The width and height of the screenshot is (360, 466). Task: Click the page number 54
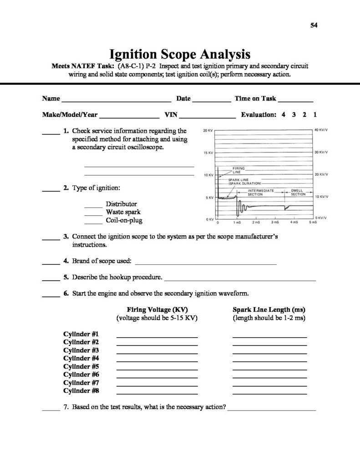(314, 25)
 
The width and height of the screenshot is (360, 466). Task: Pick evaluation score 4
(284, 115)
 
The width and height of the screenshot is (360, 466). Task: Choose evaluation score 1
(315, 115)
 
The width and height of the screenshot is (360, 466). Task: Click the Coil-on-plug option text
(124, 220)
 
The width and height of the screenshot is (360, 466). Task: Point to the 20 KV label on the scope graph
(208, 131)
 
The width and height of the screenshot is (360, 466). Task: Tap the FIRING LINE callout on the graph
(238, 170)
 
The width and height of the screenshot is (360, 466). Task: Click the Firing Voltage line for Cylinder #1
(157, 337)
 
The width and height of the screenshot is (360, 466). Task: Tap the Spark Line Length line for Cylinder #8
(269, 394)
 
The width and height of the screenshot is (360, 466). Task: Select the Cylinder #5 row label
(81, 366)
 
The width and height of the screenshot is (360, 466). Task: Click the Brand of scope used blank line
(206, 263)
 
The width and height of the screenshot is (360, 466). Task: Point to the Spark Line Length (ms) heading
(269, 309)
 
